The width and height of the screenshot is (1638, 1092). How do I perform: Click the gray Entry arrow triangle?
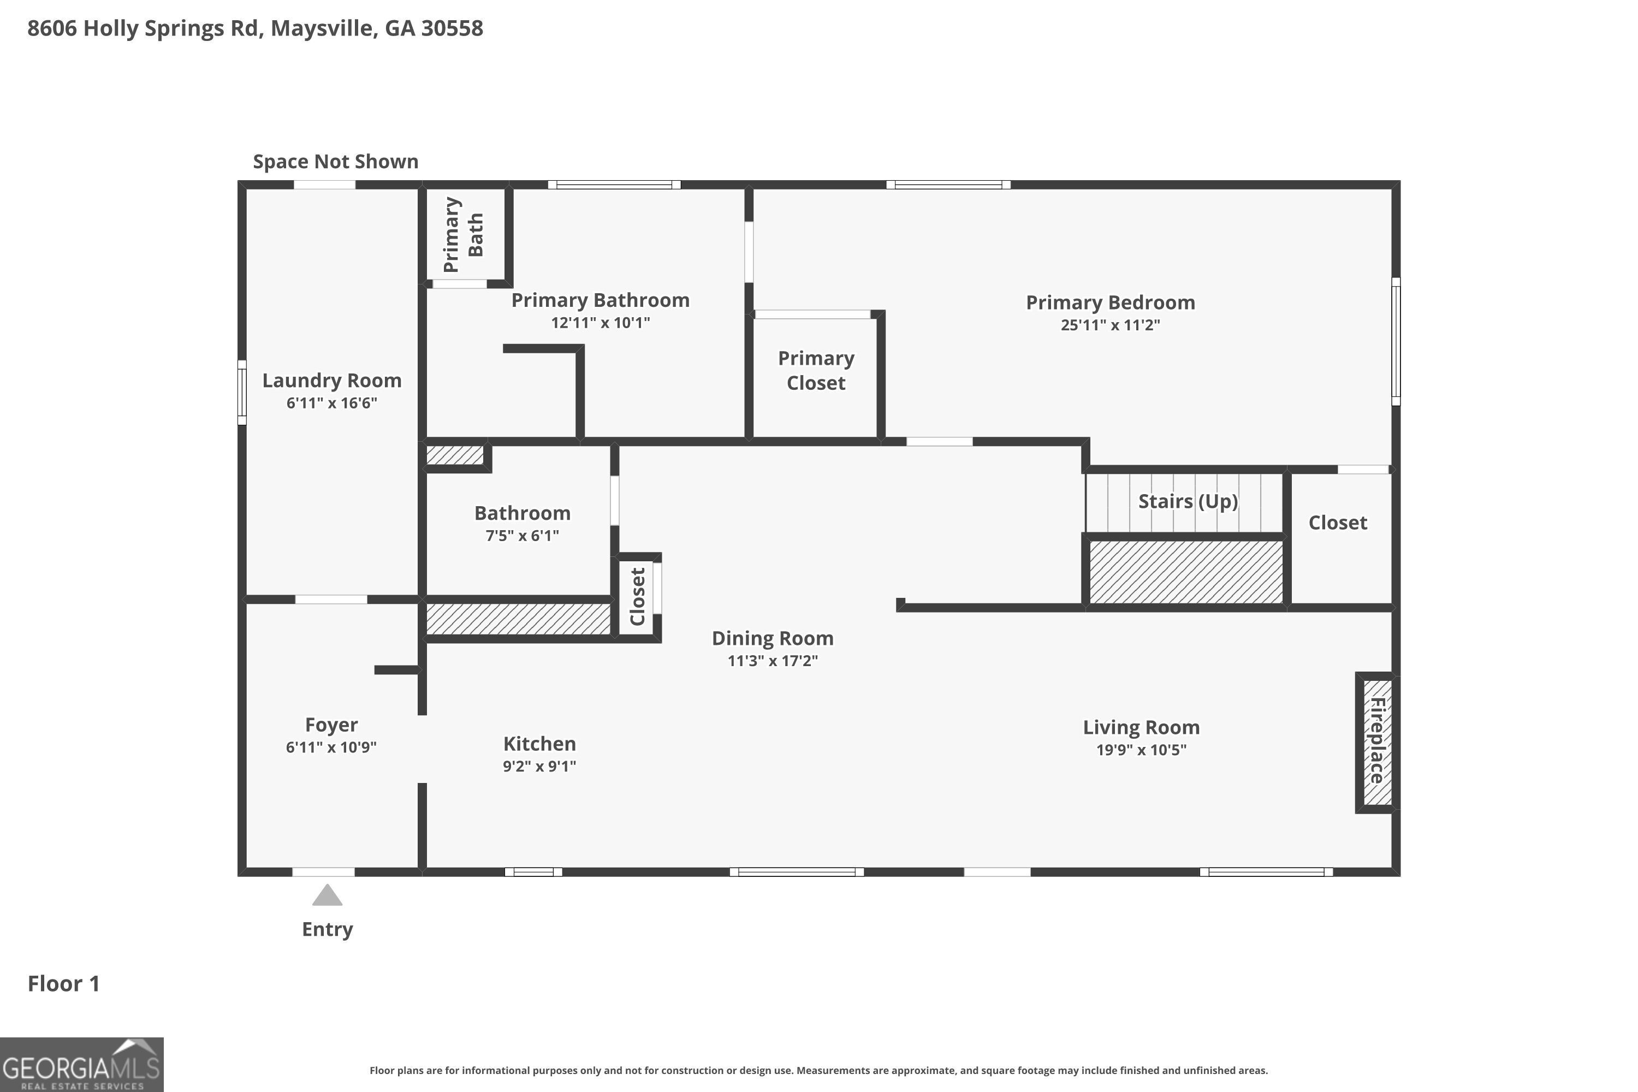[x=327, y=895]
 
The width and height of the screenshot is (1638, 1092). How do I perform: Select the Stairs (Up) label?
[x=1188, y=501]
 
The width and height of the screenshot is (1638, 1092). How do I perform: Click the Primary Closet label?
[x=816, y=371]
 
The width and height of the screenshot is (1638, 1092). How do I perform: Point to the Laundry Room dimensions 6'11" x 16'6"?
[x=331, y=402]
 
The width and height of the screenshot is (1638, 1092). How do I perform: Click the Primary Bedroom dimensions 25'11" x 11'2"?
[x=1110, y=324]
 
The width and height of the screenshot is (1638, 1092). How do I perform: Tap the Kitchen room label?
[x=540, y=744]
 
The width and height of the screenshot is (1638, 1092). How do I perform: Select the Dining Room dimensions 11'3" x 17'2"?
[x=773, y=660]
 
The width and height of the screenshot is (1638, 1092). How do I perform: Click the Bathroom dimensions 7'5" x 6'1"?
[x=523, y=536]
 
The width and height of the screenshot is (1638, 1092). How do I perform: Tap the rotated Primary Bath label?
[x=463, y=235]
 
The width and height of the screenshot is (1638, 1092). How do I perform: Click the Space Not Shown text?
[x=336, y=162]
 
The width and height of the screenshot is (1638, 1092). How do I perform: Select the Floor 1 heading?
[x=63, y=983]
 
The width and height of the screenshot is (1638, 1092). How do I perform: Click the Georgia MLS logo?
[x=81, y=1065]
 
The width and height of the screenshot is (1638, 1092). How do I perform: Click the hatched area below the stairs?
[x=1186, y=572]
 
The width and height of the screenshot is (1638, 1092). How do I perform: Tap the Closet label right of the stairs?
[x=1338, y=523]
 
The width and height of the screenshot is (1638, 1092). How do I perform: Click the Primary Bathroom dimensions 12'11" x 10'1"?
[x=600, y=323]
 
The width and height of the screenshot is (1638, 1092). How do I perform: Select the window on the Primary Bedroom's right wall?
[x=1396, y=341]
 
